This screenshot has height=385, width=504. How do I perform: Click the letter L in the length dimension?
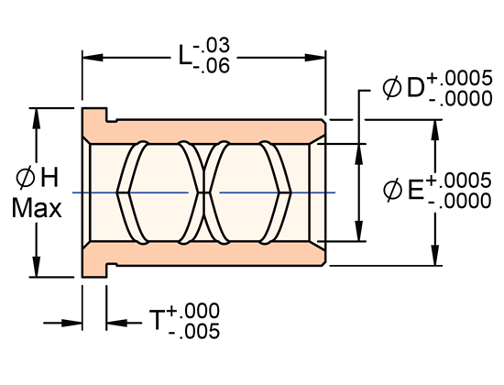(x=187, y=58)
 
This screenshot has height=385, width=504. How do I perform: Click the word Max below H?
(x=37, y=209)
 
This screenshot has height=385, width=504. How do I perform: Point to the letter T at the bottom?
(x=158, y=321)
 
